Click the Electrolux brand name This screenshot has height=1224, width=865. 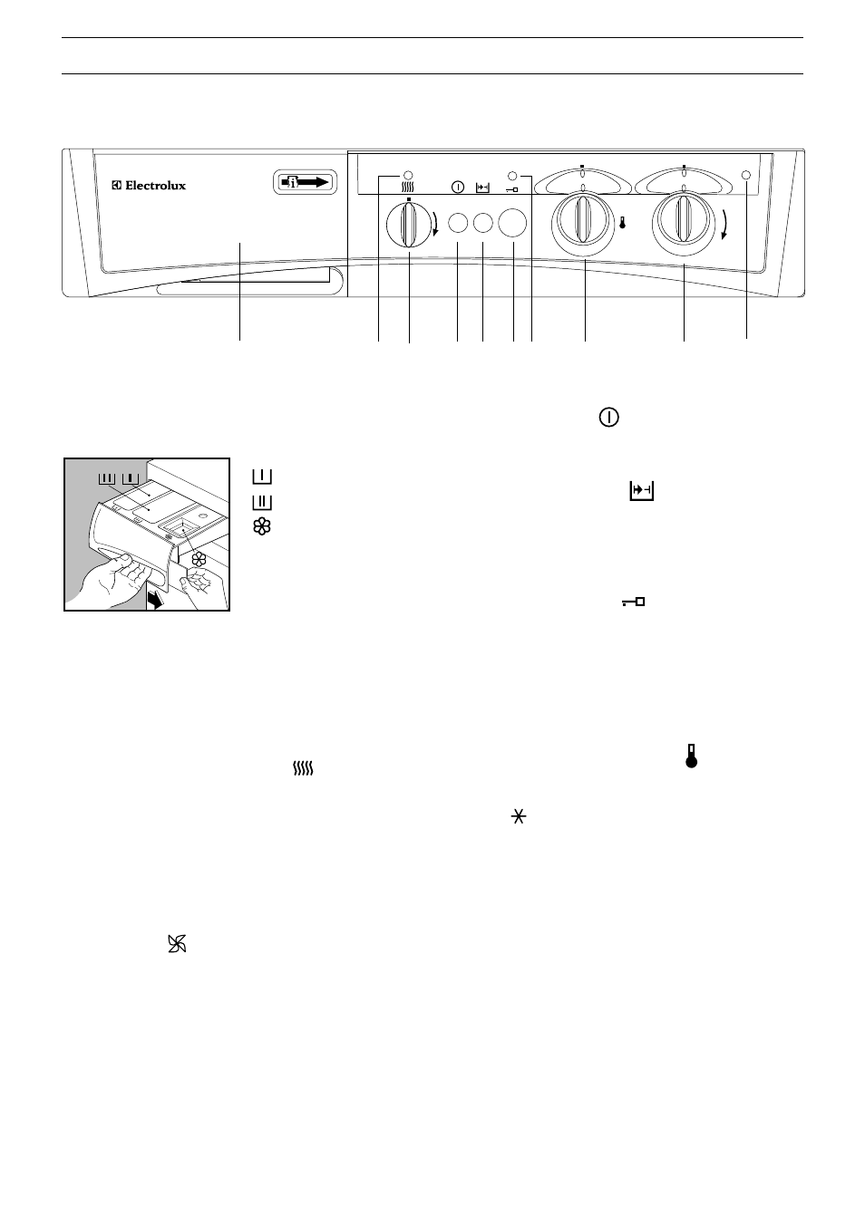(x=149, y=185)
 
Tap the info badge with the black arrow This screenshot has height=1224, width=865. (x=305, y=182)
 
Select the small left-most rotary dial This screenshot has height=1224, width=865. (x=408, y=224)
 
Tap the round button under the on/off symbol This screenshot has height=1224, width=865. (x=458, y=223)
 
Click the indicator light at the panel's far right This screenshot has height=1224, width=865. (x=746, y=176)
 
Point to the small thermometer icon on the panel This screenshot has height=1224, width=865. (x=622, y=223)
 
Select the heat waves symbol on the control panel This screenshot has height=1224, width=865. (x=407, y=188)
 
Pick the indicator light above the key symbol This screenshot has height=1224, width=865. (x=512, y=176)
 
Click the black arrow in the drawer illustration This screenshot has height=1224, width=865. (x=156, y=601)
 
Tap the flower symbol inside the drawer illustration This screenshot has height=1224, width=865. (x=199, y=559)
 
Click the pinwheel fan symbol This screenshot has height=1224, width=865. (x=177, y=944)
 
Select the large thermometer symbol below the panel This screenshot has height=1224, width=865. (x=692, y=756)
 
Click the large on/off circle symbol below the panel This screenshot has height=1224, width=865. (x=609, y=418)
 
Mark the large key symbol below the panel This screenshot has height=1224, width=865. (x=634, y=602)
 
